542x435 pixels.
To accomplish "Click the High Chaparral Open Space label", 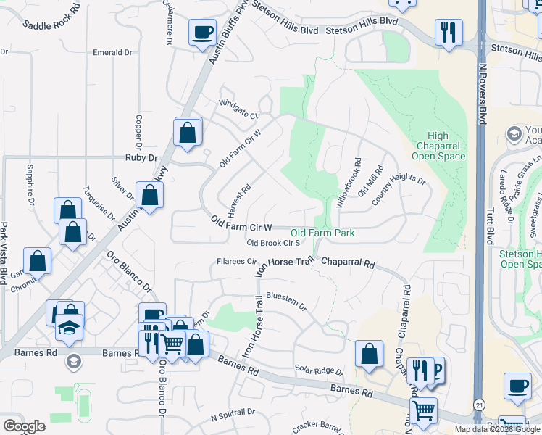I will click(x=438, y=146).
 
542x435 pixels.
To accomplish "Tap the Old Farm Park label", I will click(x=322, y=233).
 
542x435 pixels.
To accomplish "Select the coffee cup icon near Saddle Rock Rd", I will click(x=202, y=32).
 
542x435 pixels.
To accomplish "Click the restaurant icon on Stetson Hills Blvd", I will click(x=449, y=32).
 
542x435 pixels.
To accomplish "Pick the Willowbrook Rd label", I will click(x=348, y=186).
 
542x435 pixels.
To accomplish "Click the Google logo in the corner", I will click(x=24, y=426).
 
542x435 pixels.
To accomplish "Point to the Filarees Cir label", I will click(x=236, y=262).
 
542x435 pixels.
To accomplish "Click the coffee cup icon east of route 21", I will click(x=517, y=388).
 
